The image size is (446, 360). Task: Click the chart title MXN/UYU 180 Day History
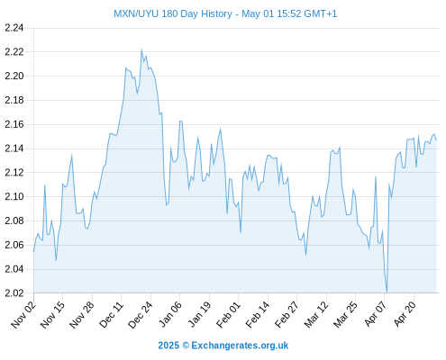point(173,13)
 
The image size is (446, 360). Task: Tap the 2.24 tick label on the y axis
point(14,28)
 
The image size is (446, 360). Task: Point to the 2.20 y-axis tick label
point(14,76)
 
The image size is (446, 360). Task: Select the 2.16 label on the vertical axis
point(14,124)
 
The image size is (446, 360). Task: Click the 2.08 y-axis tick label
point(14,220)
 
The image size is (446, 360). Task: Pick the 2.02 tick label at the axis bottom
point(14,293)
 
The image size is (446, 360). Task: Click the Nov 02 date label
point(23,314)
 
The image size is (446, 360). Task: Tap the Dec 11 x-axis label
point(111,314)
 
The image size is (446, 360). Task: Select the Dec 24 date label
point(141,314)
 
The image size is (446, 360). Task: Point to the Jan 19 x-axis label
point(199,314)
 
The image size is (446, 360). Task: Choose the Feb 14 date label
point(258,314)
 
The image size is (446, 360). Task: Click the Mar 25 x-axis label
point(345,314)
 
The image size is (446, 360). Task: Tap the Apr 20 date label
point(405,314)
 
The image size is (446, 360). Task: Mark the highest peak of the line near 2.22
point(141,49)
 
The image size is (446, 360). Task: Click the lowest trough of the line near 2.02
point(387,292)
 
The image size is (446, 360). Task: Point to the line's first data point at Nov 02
point(33,251)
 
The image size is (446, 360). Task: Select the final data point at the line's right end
point(436,140)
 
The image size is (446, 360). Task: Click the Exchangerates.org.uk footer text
point(240,346)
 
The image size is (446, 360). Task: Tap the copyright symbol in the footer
point(186,346)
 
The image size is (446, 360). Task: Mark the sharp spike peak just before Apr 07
point(376,176)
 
